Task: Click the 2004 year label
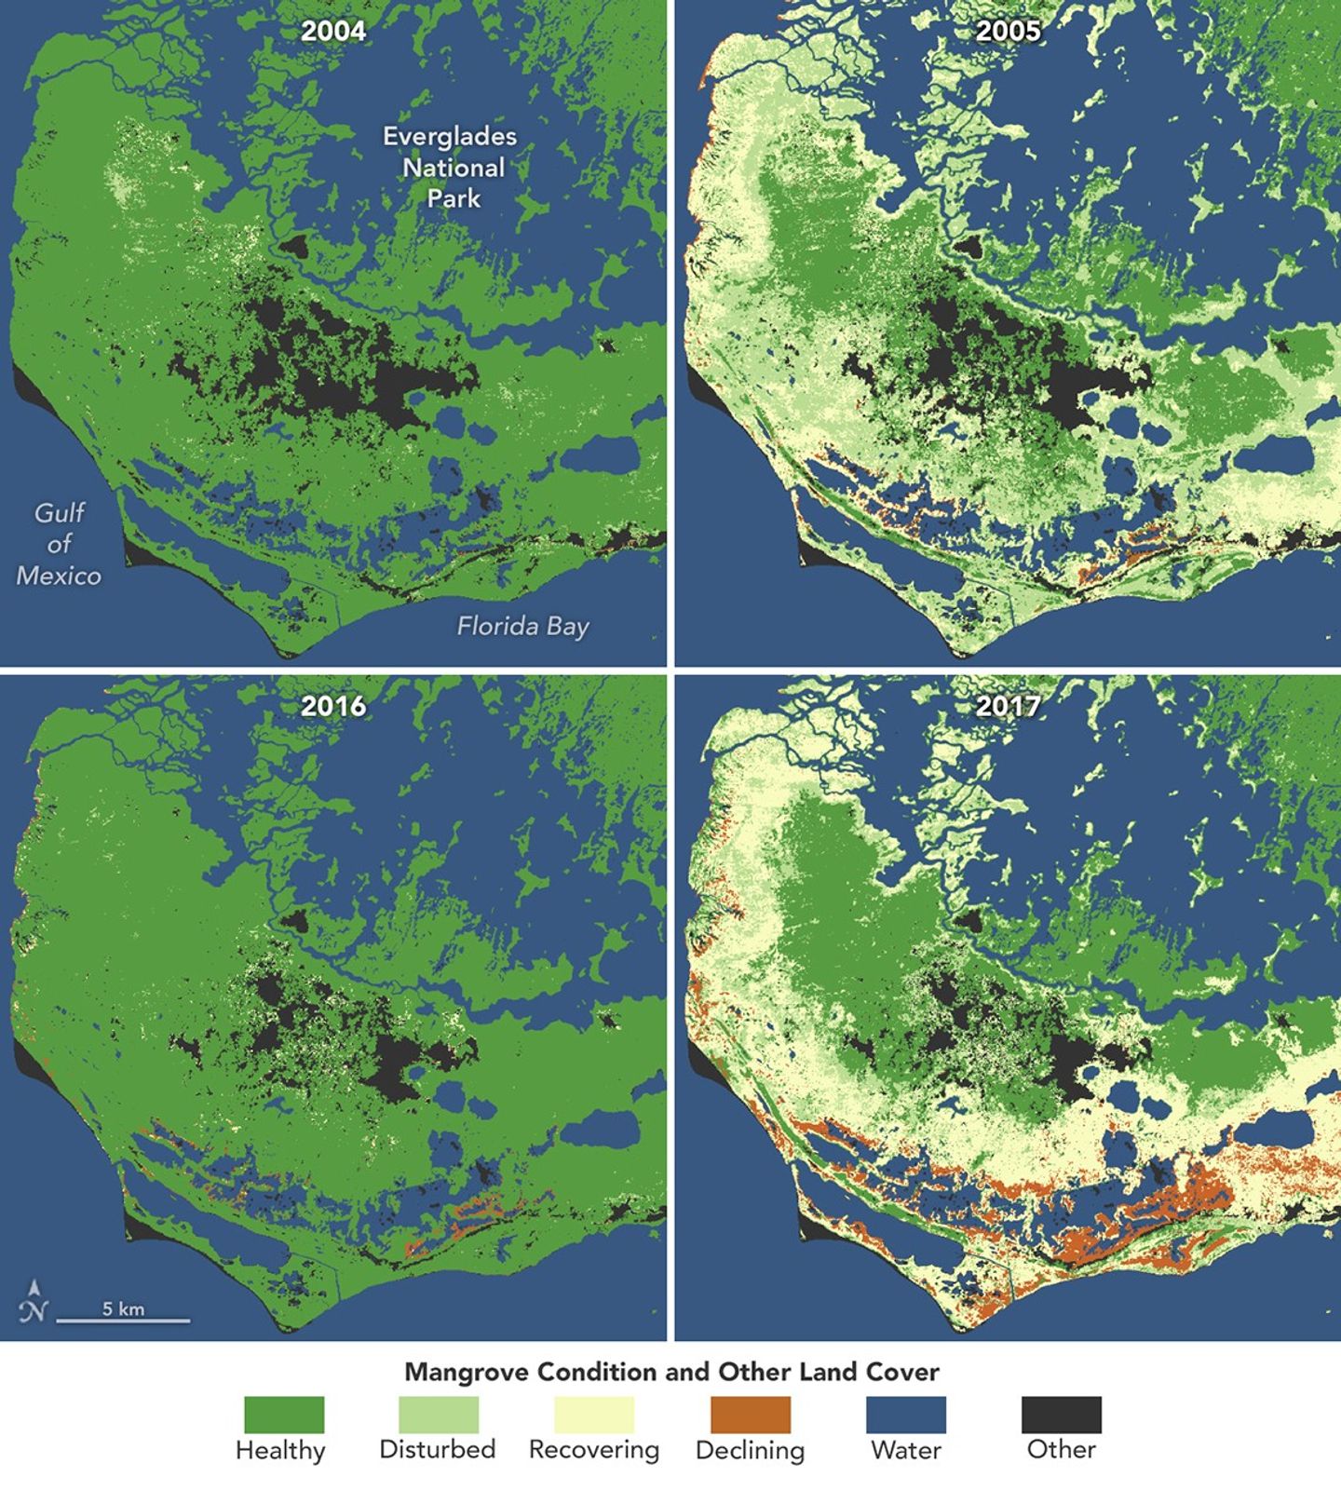click(x=332, y=32)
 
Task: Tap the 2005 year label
click(x=1008, y=32)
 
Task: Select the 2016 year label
click(x=332, y=706)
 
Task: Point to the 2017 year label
click(x=1008, y=706)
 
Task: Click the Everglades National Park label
click(x=451, y=168)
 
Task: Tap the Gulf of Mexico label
click(x=59, y=544)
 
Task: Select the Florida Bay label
click(x=522, y=626)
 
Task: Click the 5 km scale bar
click(x=123, y=1318)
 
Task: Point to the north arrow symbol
click(x=34, y=1301)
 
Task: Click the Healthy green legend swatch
click(x=284, y=1415)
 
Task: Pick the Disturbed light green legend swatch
click(x=439, y=1415)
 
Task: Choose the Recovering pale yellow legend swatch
click(x=594, y=1415)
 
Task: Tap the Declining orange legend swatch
click(x=750, y=1415)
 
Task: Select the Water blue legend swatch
click(x=905, y=1415)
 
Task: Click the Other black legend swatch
click(x=1061, y=1415)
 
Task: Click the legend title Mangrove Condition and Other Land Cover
click(x=671, y=1372)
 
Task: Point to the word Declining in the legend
click(x=750, y=1450)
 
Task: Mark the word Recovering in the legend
click(x=594, y=1450)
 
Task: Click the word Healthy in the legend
click(x=280, y=1450)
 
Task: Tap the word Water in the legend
click(x=905, y=1450)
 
